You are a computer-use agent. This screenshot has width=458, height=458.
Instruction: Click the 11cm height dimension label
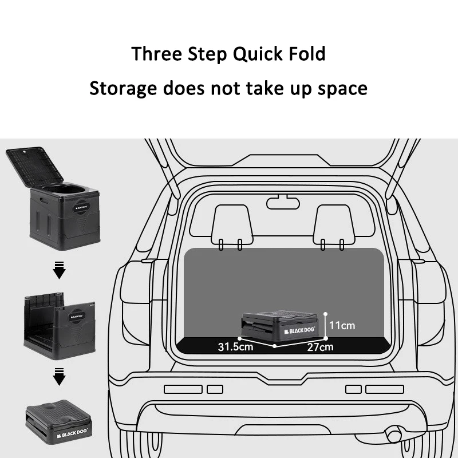pyautogui.click(x=342, y=326)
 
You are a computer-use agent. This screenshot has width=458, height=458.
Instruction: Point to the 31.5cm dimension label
pyautogui.click(x=235, y=346)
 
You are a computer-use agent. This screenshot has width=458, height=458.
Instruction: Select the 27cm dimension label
pyautogui.click(x=320, y=346)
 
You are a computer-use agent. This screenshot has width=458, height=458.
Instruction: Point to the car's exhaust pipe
pyautogui.click(x=396, y=430)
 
